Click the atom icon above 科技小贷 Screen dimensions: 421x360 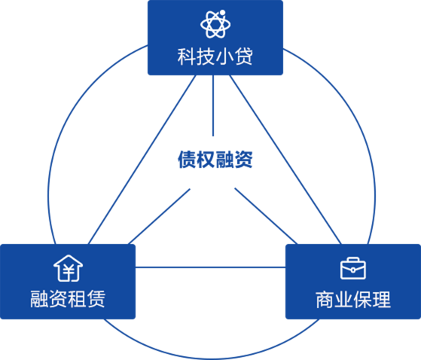point(215,24)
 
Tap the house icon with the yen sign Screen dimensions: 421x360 point(69,268)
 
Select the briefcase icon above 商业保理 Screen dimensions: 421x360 point(353,268)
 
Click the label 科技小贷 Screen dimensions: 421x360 point(215,56)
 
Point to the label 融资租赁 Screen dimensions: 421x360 point(68,298)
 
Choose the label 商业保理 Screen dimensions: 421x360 point(353,299)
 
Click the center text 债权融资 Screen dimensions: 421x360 point(215,160)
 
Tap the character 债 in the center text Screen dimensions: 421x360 point(187,160)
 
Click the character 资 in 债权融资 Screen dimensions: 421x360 point(244,160)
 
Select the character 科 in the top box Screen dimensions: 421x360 point(187,56)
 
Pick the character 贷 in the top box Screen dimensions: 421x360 point(244,56)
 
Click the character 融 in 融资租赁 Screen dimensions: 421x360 point(39,298)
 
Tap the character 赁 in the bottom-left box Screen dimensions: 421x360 point(96,298)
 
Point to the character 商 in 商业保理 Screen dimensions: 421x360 point(325,299)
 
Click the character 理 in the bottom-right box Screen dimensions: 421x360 point(382,299)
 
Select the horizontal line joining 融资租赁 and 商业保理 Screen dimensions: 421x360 point(211,267)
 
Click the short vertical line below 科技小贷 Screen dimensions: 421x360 point(213,105)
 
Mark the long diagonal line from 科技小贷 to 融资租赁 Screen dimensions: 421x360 point(142,160)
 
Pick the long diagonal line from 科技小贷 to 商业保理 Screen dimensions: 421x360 point(285,160)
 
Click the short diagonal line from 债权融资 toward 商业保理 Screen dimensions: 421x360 point(266,216)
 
